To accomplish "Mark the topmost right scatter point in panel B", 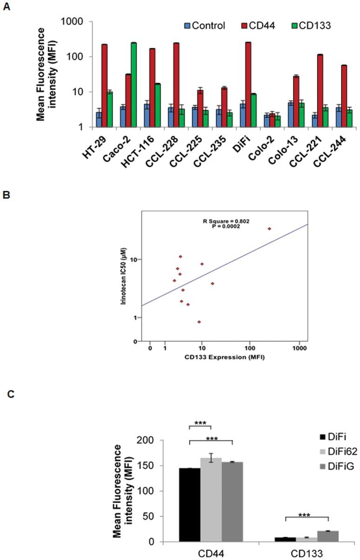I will click(269, 229).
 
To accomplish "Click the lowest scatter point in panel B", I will click(199, 322).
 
